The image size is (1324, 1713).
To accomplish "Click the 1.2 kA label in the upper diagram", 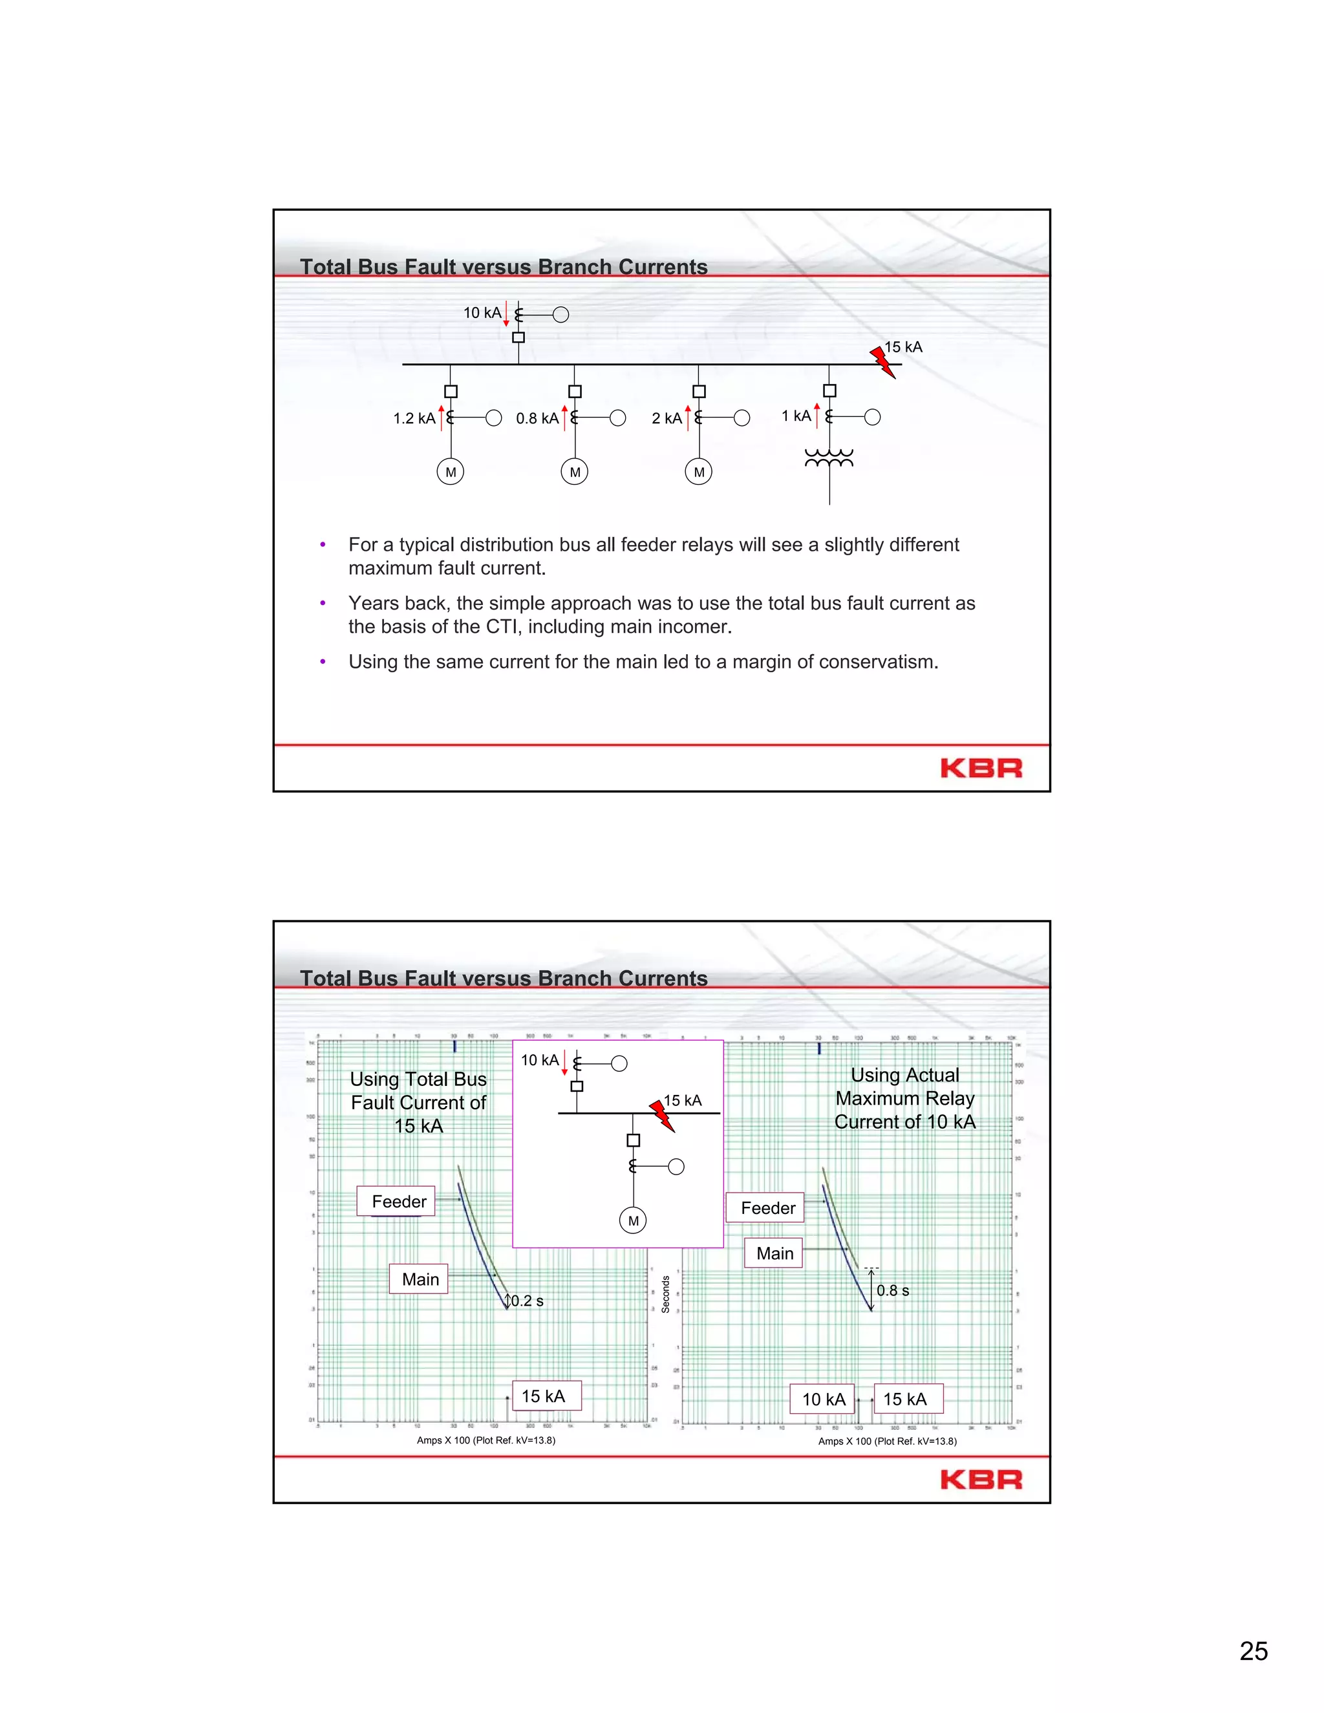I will [x=414, y=419].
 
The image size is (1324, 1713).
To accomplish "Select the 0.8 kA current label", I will [x=537, y=419].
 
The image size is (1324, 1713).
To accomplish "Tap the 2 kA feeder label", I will [x=667, y=419].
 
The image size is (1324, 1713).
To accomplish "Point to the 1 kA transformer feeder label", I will [x=796, y=416].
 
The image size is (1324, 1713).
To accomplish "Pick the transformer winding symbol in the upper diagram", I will [x=829, y=458].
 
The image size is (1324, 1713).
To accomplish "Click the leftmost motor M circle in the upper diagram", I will [x=450, y=472].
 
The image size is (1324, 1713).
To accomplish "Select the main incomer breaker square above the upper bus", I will [x=518, y=337].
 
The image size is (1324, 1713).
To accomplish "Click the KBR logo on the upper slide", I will [x=981, y=768].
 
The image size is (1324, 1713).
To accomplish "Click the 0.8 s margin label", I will [x=893, y=1290].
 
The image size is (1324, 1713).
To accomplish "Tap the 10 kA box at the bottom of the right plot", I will [x=823, y=1399].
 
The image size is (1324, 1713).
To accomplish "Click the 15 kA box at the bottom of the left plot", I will [x=544, y=1396].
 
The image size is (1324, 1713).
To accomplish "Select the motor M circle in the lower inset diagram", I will [x=633, y=1221].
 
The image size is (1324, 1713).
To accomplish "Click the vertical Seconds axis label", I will [x=665, y=1294].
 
